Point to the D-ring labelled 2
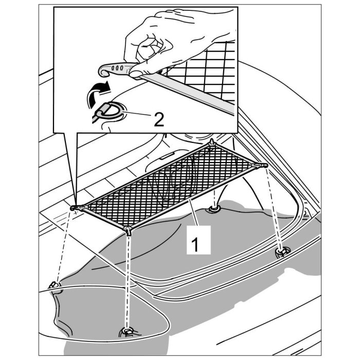tap(111, 111)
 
